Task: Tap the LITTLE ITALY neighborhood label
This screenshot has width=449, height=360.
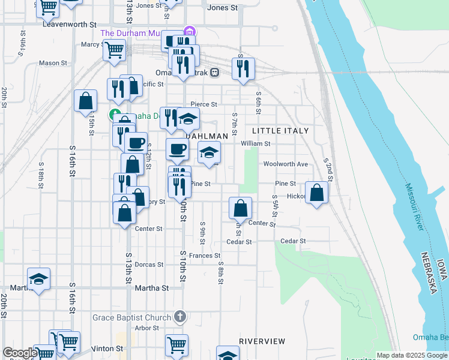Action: point(280,131)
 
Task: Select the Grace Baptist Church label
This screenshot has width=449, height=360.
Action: point(133,316)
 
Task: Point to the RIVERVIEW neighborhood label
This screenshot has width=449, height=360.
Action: point(262,341)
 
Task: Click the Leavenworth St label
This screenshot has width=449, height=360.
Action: point(70,25)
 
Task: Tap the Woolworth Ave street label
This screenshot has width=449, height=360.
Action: point(285,164)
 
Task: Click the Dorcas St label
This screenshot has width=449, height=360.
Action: point(149,265)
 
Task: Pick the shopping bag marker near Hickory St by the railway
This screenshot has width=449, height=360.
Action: point(317,193)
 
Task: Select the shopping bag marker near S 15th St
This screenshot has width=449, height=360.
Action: point(86,101)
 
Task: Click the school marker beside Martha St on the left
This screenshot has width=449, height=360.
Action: point(38,279)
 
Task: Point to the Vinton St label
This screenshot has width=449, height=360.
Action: point(108,348)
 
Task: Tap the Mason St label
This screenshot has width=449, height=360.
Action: point(53,63)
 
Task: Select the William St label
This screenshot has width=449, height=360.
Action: point(256,144)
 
